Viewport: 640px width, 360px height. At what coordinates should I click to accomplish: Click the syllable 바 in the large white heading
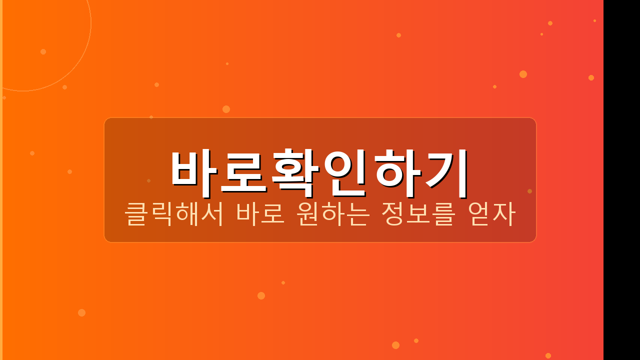194,171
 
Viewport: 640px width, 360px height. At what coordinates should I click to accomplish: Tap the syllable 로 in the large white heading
244,171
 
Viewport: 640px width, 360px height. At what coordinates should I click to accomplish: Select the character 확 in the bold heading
295,171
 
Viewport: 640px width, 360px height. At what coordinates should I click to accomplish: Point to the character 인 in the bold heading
345,171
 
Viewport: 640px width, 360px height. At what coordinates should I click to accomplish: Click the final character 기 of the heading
446,171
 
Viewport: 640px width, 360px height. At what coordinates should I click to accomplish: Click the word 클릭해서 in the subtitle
173,214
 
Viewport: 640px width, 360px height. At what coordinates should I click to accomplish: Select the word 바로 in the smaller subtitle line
260,214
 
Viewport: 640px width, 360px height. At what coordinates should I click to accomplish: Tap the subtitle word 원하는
333,214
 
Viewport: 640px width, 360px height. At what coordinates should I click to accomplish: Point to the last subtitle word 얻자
491,214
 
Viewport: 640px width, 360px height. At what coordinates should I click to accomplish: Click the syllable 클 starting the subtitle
136,214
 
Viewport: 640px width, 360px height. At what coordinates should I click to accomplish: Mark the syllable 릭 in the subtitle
161,214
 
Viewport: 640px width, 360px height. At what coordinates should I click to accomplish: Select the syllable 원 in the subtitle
308,214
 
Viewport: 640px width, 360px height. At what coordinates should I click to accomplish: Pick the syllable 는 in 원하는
358,214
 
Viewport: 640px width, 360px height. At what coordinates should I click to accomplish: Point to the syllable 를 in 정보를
443,214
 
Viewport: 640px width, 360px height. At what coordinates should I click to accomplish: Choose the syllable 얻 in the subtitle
479,214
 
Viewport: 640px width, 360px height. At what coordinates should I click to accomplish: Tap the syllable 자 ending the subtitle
504,214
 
